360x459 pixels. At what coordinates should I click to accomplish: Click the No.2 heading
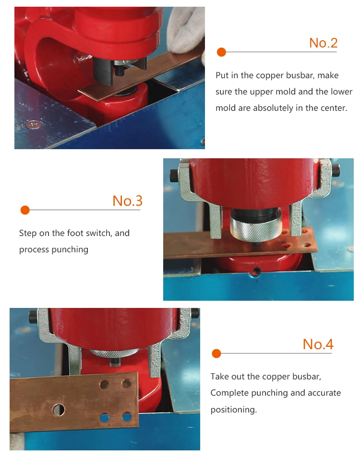pos(324,43)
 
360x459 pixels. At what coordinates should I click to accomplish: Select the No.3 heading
pos(127,201)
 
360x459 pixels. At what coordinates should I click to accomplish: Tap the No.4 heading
pos(318,344)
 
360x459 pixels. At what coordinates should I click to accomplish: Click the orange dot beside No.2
pos(221,52)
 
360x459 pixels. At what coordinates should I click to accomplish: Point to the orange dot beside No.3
pos(25,210)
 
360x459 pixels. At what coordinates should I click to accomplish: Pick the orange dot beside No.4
pos(216,353)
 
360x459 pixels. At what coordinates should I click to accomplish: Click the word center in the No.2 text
pos(332,108)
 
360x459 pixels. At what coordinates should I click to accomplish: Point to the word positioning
pos(233,409)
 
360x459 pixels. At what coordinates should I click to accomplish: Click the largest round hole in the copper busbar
pos(59,410)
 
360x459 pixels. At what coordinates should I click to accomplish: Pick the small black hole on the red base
pos(257,270)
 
